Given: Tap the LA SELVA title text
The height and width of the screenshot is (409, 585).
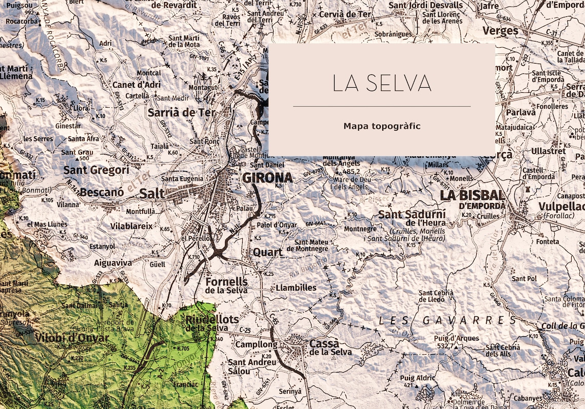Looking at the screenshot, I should [x=381, y=83].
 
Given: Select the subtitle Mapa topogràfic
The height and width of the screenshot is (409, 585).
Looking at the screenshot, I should [x=382, y=126].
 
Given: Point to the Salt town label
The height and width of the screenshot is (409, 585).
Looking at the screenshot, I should [x=152, y=193].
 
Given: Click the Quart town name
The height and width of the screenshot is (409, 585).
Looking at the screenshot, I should [x=267, y=252].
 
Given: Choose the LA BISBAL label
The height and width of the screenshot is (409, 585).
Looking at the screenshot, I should [x=472, y=195].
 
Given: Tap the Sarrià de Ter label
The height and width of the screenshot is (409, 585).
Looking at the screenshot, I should [x=182, y=113].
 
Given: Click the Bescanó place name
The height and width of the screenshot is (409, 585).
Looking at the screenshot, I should [x=102, y=193].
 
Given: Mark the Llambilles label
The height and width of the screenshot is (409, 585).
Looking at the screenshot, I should [x=296, y=288].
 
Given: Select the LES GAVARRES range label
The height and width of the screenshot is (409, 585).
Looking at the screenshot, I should [x=448, y=321].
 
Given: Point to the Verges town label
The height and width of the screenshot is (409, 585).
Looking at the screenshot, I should [x=500, y=31].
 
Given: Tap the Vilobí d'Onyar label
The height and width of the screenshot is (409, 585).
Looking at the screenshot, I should [x=72, y=338].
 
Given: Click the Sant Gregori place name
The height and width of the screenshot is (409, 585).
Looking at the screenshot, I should [x=96, y=170].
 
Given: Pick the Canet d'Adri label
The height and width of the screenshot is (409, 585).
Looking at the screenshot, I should [x=136, y=85].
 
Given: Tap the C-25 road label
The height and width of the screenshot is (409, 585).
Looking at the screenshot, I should [x=244, y=330].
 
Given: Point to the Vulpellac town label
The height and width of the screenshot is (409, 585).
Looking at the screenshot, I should [x=561, y=206].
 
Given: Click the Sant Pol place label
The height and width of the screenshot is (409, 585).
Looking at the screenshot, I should [x=524, y=278].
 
